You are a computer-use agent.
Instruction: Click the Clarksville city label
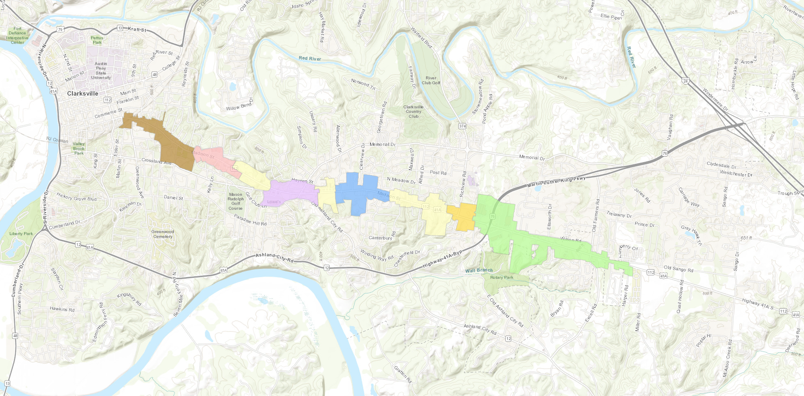pos(83,94)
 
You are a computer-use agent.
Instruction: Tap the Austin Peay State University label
pos(101,71)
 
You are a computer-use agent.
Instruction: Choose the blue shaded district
pos(357,192)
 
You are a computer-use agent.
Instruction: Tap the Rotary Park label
pos(502,277)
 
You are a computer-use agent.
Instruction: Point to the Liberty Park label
pos(21,234)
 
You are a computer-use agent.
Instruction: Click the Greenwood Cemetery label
pos(163,234)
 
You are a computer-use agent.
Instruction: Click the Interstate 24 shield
pos(686,81)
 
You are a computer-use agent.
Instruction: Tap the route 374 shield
pos(462,126)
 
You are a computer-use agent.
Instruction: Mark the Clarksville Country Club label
pos(413,112)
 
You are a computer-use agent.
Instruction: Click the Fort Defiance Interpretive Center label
pos(17,36)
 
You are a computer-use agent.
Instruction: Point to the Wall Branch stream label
pos(479,270)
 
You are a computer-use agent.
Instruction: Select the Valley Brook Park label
pos(79,148)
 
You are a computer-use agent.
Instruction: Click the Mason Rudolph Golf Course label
pos(236,201)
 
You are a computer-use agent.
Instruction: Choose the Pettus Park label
pos(97,40)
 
